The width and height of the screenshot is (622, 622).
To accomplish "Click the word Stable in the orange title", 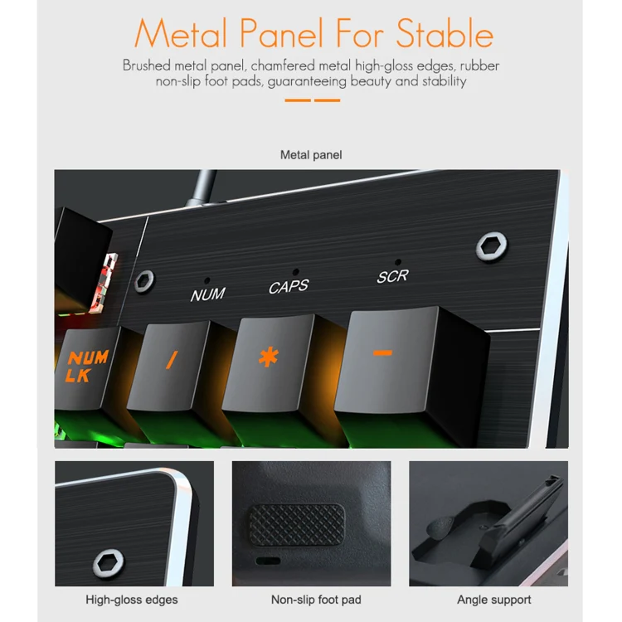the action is (x=445, y=33).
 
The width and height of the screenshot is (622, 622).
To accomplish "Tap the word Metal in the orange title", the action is (x=181, y=33).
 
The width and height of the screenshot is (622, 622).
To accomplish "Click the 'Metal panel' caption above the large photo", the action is (x=311, y=155).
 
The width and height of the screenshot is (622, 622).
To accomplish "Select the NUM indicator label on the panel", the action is (x=208, y=294).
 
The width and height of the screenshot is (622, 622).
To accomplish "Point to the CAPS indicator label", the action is (x=289, y=286).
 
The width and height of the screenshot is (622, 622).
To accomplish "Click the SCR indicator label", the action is (x=393, y=276).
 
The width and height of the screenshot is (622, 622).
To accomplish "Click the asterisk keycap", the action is (x=268, y=363).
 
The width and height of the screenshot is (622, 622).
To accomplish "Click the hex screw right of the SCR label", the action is (x=492, y=247).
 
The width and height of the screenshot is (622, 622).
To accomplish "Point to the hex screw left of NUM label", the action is (x=144, y=281).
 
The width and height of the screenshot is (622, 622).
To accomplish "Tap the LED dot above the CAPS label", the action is (x=295, y=272).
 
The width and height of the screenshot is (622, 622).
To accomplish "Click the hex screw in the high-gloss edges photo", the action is (x=109, y=563).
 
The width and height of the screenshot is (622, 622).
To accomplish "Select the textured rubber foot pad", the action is (x=297, y=524).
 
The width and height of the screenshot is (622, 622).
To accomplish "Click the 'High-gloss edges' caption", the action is (x=132, y=600).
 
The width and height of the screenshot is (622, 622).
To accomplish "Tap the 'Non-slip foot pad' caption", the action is (x=316, y=600).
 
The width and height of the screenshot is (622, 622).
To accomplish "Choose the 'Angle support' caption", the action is (x=494, y=600).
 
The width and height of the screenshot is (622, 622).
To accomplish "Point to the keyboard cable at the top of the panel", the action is (x=202, y=187).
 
